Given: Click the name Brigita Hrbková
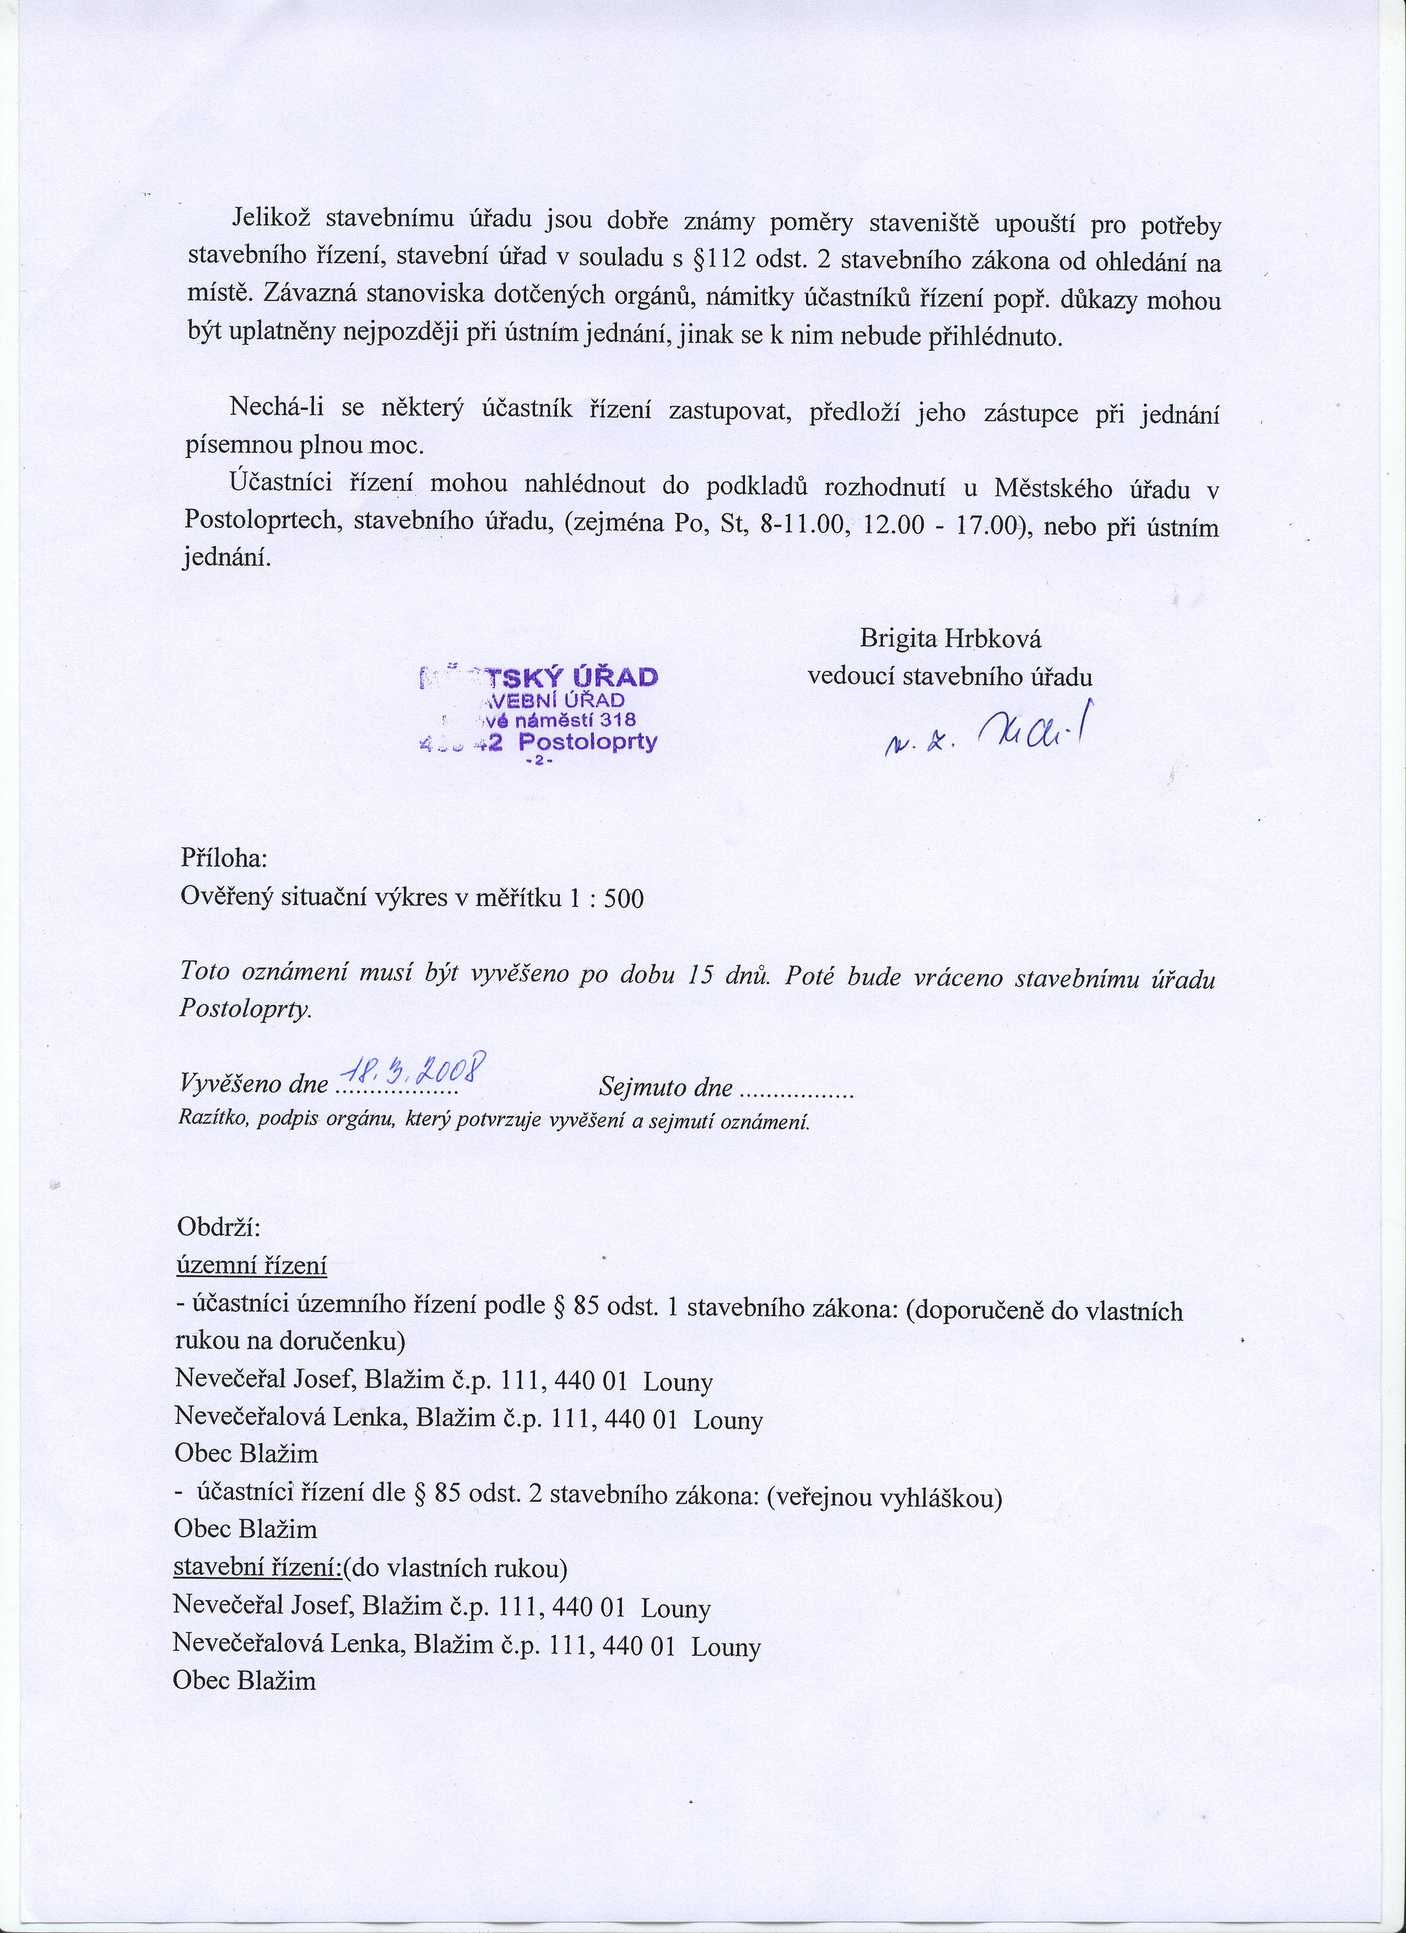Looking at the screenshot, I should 950,639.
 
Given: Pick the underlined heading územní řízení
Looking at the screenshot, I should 251,1266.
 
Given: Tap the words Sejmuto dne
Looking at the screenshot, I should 666,1088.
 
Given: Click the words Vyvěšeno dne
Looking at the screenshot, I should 254,1084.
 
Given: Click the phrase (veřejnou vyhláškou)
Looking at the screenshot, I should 884,1498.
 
